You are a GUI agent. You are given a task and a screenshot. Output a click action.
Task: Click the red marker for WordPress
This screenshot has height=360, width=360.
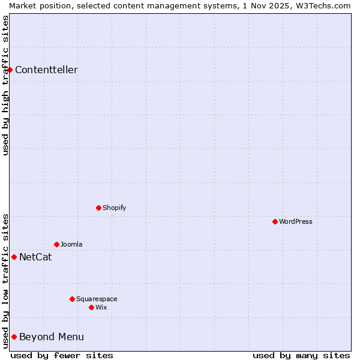point(275,221)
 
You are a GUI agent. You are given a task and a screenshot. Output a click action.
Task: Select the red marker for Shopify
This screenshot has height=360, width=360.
point(98,208)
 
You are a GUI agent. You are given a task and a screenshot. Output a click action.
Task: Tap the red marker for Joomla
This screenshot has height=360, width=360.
point(56,244)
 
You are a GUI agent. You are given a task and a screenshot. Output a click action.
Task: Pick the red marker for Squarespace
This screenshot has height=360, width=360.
point(72,299)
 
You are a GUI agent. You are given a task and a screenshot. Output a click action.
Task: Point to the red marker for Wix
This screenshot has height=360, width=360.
point(91,307)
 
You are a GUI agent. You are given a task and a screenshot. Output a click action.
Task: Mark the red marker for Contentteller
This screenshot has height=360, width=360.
point(10,70)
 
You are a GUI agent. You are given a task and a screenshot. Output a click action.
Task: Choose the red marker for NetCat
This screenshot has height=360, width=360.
point(14,257)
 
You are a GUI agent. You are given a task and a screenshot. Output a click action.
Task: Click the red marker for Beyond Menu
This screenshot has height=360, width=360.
point(14,337)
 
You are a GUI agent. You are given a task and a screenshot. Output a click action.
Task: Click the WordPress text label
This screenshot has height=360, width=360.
point(296,221)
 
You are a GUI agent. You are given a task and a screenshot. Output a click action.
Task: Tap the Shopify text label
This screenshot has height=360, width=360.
point(114,208)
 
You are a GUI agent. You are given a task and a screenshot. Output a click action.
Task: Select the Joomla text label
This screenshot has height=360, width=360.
point(71,244)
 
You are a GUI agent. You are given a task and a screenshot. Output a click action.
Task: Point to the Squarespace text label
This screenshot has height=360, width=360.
point(97,299)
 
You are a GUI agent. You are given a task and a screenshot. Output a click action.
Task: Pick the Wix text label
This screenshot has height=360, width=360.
point(101,307)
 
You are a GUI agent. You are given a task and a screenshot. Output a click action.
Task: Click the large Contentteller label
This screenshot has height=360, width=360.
point(46,70)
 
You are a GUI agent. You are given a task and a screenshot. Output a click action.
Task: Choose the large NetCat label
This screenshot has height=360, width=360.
point(35,257)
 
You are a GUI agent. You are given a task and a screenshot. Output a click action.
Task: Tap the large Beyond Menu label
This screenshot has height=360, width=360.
point(52,337)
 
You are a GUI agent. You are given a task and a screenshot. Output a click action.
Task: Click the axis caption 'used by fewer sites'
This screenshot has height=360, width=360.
point(62,355)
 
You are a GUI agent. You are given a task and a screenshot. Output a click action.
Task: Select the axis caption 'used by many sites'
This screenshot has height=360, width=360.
point(301,355)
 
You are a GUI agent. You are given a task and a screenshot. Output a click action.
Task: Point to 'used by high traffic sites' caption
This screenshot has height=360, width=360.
point(5,85)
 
